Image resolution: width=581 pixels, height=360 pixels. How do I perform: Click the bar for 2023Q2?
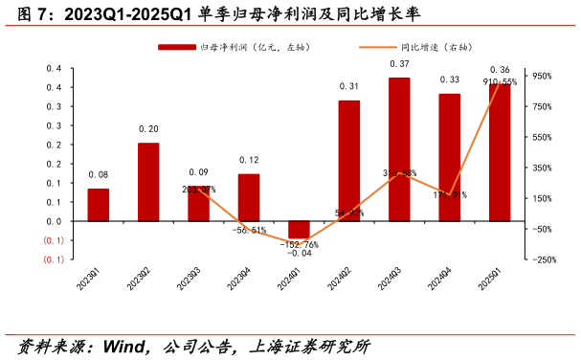coord(148,182)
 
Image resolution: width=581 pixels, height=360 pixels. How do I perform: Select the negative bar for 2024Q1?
coord(299,229)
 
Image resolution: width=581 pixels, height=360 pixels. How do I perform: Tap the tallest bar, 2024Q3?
coord(399,149)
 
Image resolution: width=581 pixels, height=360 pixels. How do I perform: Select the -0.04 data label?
coord(299,254)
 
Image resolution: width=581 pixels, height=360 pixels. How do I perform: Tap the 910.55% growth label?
coord(500,82)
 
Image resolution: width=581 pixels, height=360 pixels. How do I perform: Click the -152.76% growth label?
coord(299,244)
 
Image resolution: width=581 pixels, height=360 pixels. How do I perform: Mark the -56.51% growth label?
coord(249,231)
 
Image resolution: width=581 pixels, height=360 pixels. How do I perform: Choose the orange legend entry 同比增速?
coord(402,47)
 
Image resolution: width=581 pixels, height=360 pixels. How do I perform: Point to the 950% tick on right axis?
coord(541,76)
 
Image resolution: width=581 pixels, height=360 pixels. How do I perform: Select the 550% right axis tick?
coord(541,137)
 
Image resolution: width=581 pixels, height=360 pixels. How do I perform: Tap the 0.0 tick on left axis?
coord(54,221)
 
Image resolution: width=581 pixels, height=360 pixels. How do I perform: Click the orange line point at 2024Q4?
coord(450,194)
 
